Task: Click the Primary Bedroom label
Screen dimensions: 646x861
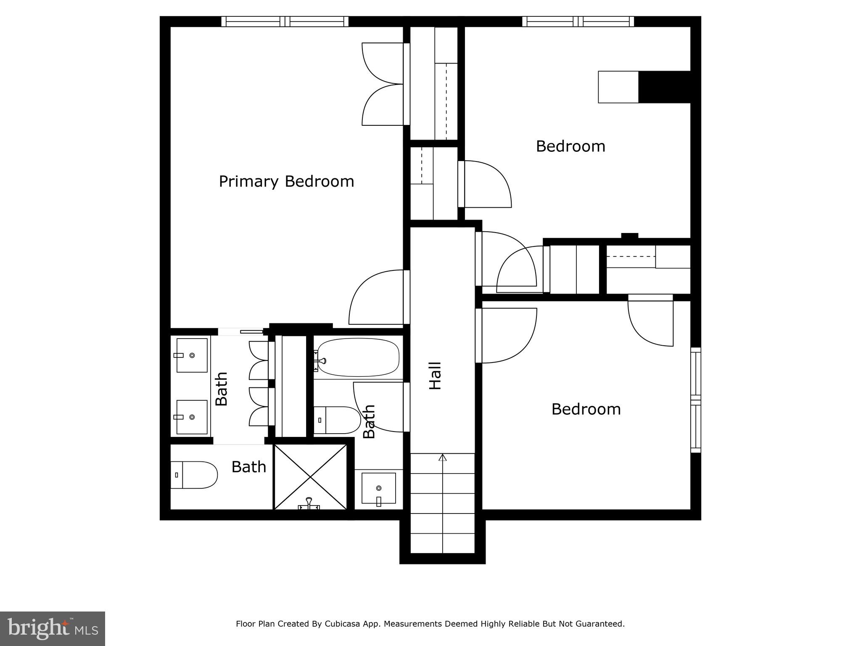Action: tap(286, 181)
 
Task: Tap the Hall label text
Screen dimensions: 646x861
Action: tap(435, 376)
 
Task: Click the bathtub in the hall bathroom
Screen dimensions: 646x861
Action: tap(358, 357)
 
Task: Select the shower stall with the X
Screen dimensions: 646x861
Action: tap(310, 477)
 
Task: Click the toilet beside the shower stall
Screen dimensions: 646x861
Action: tap(193, 475)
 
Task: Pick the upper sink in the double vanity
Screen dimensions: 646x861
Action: tap(192, 355)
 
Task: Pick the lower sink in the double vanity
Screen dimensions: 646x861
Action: tap(192, 417)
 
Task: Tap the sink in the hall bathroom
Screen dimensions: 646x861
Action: tap(378, 488)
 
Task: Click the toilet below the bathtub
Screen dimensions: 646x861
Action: tap(337, 420)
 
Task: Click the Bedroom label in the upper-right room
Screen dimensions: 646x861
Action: tap(570, 146)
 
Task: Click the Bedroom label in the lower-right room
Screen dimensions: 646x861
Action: tap(586, 409)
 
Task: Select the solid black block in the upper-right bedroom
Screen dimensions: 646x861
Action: tap(664, 87)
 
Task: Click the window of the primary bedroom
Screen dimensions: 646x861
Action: tap(285, 21)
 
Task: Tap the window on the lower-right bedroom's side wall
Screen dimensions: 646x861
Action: tap(696, 400)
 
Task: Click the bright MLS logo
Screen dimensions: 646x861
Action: tap(52, 628)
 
